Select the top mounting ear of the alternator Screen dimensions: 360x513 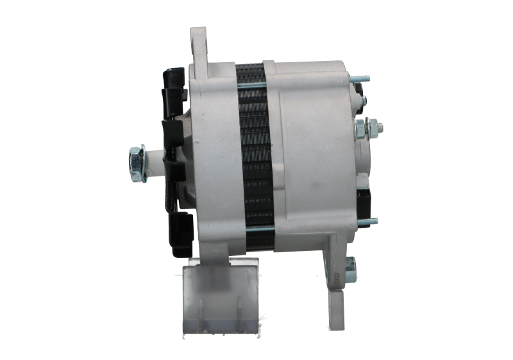[x=198, y=45]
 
